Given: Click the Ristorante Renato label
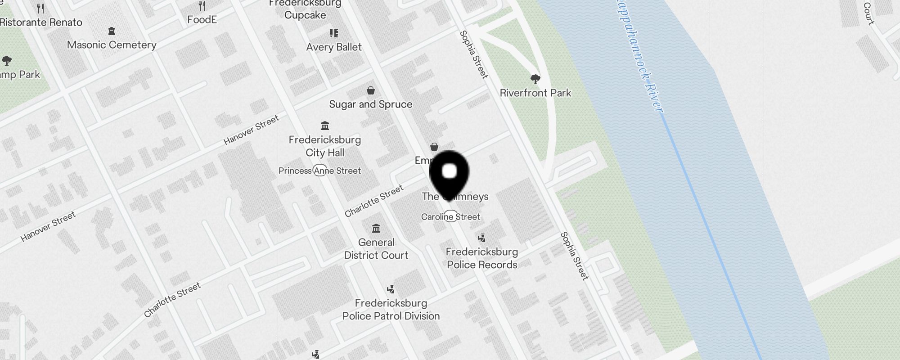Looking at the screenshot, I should tap(41, 22).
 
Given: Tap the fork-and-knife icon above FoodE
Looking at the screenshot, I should tap(202, 6).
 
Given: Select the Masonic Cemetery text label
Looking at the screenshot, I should tap(112, 45).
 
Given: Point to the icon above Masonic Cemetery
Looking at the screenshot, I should tap(112, 31).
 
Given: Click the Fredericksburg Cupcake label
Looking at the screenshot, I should tap(305, 10).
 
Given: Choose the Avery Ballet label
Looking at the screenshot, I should tap(334, 47).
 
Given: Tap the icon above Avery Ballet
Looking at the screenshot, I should tap(334, 33).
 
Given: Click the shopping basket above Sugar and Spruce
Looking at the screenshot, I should tap(371, 90).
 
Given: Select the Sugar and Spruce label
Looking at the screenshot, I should tap(371, 104).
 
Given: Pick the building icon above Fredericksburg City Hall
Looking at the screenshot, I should tap(325, 125).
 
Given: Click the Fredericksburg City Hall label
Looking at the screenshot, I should tap(325, 146).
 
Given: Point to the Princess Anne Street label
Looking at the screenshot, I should tap(319, 171).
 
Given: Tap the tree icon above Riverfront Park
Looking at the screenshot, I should tap(535, 79).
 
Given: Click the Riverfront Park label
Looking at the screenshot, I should tap(535, 93).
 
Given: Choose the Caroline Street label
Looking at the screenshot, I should tap(450, 217).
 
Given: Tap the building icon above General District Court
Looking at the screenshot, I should tap(376, 229).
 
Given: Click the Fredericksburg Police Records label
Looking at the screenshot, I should tap(482, 258).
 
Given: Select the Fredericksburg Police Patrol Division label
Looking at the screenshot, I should tap(391, 310).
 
